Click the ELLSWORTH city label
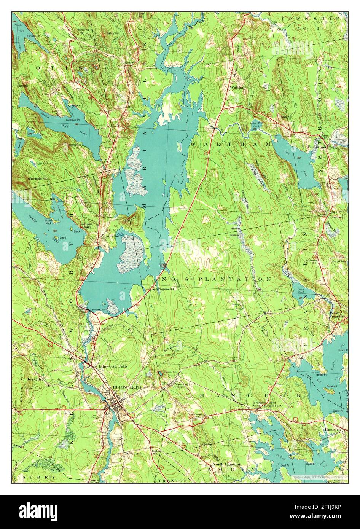(127, 387)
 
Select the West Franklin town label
(338, 314)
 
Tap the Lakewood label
(112, 236)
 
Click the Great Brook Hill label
(37, 178)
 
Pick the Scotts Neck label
(49, 222)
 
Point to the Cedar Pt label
(337, 411)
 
